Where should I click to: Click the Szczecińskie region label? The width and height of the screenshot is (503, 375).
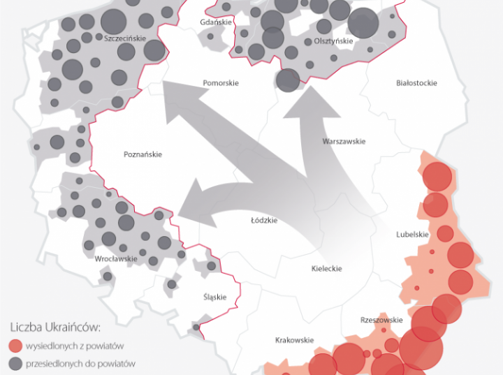click(125, 39)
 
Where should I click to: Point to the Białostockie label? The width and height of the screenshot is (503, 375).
click(416, 83)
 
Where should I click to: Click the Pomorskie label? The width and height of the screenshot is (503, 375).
click(221, 83)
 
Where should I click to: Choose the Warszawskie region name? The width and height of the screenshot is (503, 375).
click(344, 142)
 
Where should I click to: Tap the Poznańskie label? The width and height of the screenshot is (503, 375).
click(143, 154)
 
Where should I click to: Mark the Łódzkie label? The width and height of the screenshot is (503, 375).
click(264, 221)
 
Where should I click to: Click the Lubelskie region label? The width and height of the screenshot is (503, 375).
click(412, 235)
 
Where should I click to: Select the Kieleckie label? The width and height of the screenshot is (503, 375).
click(327, 269)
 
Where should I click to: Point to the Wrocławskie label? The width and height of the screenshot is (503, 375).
click(116, 259)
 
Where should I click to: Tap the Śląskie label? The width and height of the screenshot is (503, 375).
click(215, 297)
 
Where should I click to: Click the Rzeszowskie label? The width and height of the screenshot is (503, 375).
click(381, 321)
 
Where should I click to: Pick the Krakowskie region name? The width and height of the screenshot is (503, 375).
click(294, 340)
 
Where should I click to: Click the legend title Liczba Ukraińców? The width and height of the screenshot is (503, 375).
click(57, 326)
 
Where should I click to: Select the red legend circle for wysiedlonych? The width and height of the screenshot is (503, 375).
click(16, 345)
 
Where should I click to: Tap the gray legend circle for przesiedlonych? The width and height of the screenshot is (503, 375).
click(16, 363)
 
